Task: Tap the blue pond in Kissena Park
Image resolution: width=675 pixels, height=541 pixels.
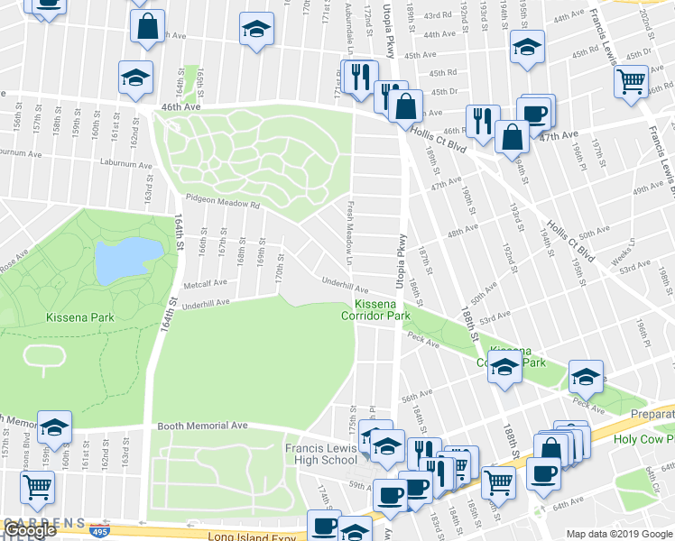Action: tap(121, 259)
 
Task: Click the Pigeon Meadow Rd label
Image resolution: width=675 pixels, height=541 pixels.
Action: tap(222, 203)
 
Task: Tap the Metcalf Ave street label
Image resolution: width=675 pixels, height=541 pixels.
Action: tap(205, 282)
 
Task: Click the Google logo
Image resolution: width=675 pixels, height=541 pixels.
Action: tap(29, 530)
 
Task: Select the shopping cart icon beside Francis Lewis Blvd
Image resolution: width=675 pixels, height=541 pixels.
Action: tap(631, 82)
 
